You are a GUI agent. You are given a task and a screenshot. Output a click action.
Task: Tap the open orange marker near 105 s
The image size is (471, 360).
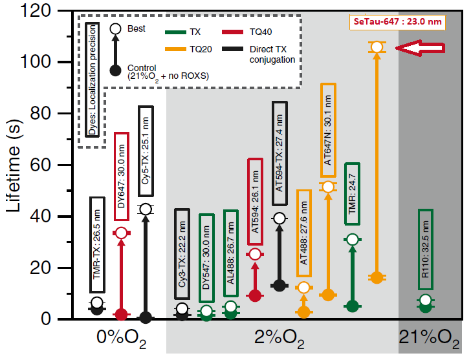pyautogui.click(x=377, y=47)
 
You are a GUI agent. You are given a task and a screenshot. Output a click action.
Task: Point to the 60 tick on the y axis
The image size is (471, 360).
pyautogui.click(x=61, y=165)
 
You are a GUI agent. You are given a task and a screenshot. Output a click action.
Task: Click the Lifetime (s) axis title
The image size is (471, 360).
pyautogui.click(x=20, y=167)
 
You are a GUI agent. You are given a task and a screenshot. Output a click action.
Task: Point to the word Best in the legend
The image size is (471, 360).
pyautogui.click(x=137, y=28)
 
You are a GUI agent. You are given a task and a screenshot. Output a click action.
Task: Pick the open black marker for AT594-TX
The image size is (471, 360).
pyautogui.click(x=279, y=218)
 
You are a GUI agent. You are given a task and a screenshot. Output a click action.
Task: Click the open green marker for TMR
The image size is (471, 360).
pyautogui.click(x=352, y=240)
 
